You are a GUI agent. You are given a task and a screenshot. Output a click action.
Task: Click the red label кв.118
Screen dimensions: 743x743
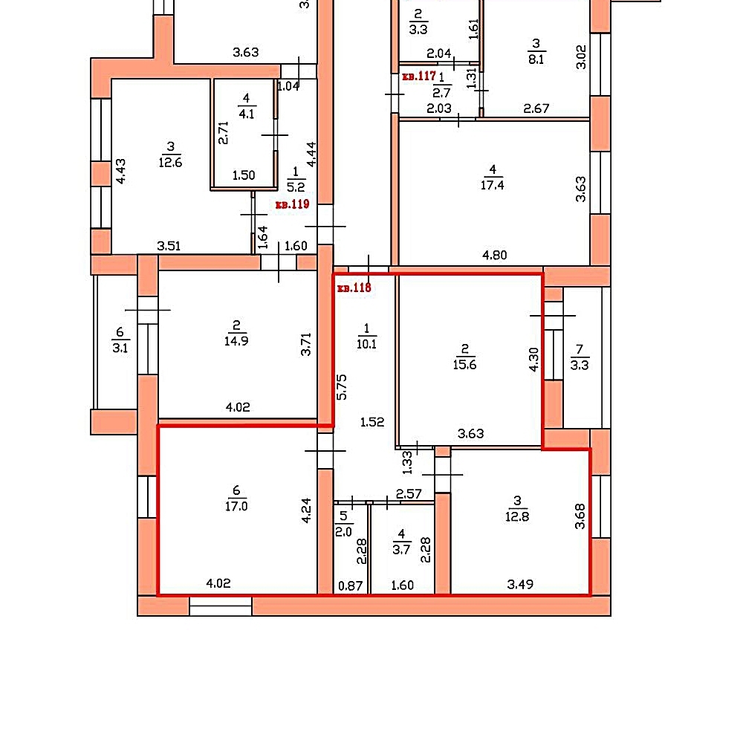354,288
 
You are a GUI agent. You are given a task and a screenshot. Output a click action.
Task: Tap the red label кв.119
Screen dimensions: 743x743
292,204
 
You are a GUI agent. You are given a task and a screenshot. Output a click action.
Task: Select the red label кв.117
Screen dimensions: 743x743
419,76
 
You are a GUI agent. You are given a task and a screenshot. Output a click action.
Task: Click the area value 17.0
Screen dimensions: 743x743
236,506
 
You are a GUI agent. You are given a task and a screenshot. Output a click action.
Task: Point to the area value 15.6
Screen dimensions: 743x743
464,364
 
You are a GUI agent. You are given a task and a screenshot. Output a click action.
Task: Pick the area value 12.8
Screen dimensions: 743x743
517,516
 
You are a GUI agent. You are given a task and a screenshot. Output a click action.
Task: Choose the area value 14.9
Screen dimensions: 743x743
236,341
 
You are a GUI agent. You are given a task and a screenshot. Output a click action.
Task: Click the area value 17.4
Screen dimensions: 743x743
493,185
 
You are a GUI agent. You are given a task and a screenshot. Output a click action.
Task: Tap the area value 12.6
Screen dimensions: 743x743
171,163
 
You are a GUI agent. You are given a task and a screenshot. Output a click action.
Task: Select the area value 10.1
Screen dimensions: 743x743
366,344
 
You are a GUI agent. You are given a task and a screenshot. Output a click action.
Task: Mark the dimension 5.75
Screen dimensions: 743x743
342,387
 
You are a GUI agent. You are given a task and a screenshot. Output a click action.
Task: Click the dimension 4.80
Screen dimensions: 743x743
494,256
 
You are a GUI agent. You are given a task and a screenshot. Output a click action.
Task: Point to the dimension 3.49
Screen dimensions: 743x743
520,584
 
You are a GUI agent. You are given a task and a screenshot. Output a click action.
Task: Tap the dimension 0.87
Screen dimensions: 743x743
350,586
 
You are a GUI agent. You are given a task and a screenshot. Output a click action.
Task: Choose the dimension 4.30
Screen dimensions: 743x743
533,360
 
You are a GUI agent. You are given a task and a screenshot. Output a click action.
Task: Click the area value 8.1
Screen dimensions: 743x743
536,59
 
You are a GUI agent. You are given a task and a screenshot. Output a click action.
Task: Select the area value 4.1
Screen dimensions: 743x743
247,114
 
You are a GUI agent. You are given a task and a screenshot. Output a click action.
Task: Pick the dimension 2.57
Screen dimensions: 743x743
409,494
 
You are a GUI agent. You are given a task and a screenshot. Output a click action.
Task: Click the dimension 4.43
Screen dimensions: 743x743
121,171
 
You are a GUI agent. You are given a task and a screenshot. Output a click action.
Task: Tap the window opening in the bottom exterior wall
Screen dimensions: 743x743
221,606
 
